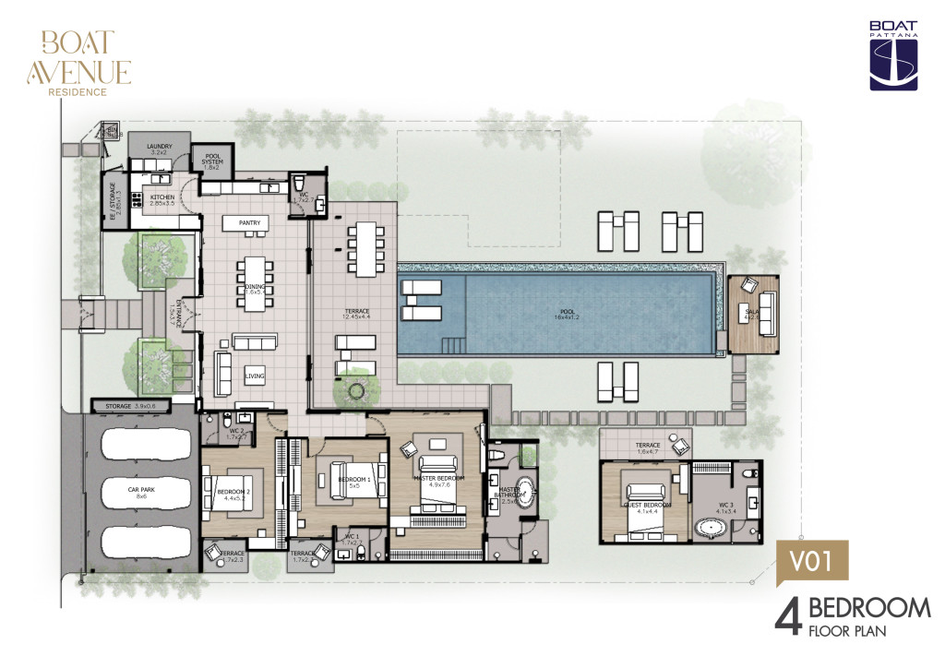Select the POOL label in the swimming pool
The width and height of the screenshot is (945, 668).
[x=566, y=311]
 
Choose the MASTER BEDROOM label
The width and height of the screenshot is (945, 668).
[x=438, y=477]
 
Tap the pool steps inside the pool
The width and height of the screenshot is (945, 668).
[x=452, y=345]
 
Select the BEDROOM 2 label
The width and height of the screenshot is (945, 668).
[x=234, y=494]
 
